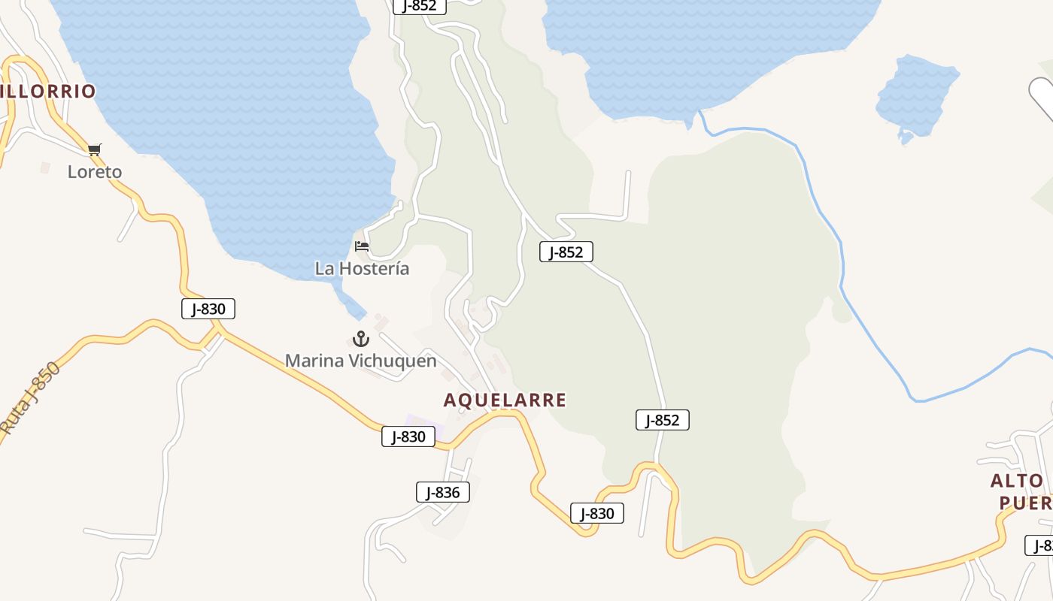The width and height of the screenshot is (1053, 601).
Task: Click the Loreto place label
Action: tap(95, 172)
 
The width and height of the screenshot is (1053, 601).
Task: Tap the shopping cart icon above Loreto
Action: tap(94, 149)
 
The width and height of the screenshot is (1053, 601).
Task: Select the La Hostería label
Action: tap(362, 268)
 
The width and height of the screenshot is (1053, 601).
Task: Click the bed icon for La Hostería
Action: tap(362, 246)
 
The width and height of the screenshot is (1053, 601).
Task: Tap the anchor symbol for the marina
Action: tap(361, 339)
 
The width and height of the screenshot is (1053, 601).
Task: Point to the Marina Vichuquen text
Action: tap(360, 361)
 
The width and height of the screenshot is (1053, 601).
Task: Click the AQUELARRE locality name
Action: tap(505, 400)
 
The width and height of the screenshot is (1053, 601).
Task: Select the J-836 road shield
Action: tap(443, 493)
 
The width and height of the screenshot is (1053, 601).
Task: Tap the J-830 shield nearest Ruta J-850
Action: tap(208, 309)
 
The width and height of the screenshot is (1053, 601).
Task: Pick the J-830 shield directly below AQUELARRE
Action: tap(408, 436)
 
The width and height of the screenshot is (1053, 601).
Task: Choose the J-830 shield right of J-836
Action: tap(597, 514)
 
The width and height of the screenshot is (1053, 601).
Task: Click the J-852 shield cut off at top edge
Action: tap(420, 6)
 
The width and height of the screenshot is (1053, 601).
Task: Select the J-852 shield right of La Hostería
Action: tap(566, 252)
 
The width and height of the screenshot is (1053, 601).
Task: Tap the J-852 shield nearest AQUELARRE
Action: tap(663, 420)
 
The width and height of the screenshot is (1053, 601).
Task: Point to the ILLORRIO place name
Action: tap(48, 92)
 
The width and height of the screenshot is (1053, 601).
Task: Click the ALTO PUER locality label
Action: tap(1020, 491)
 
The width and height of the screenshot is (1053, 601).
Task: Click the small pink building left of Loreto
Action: tap(45, 168)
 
